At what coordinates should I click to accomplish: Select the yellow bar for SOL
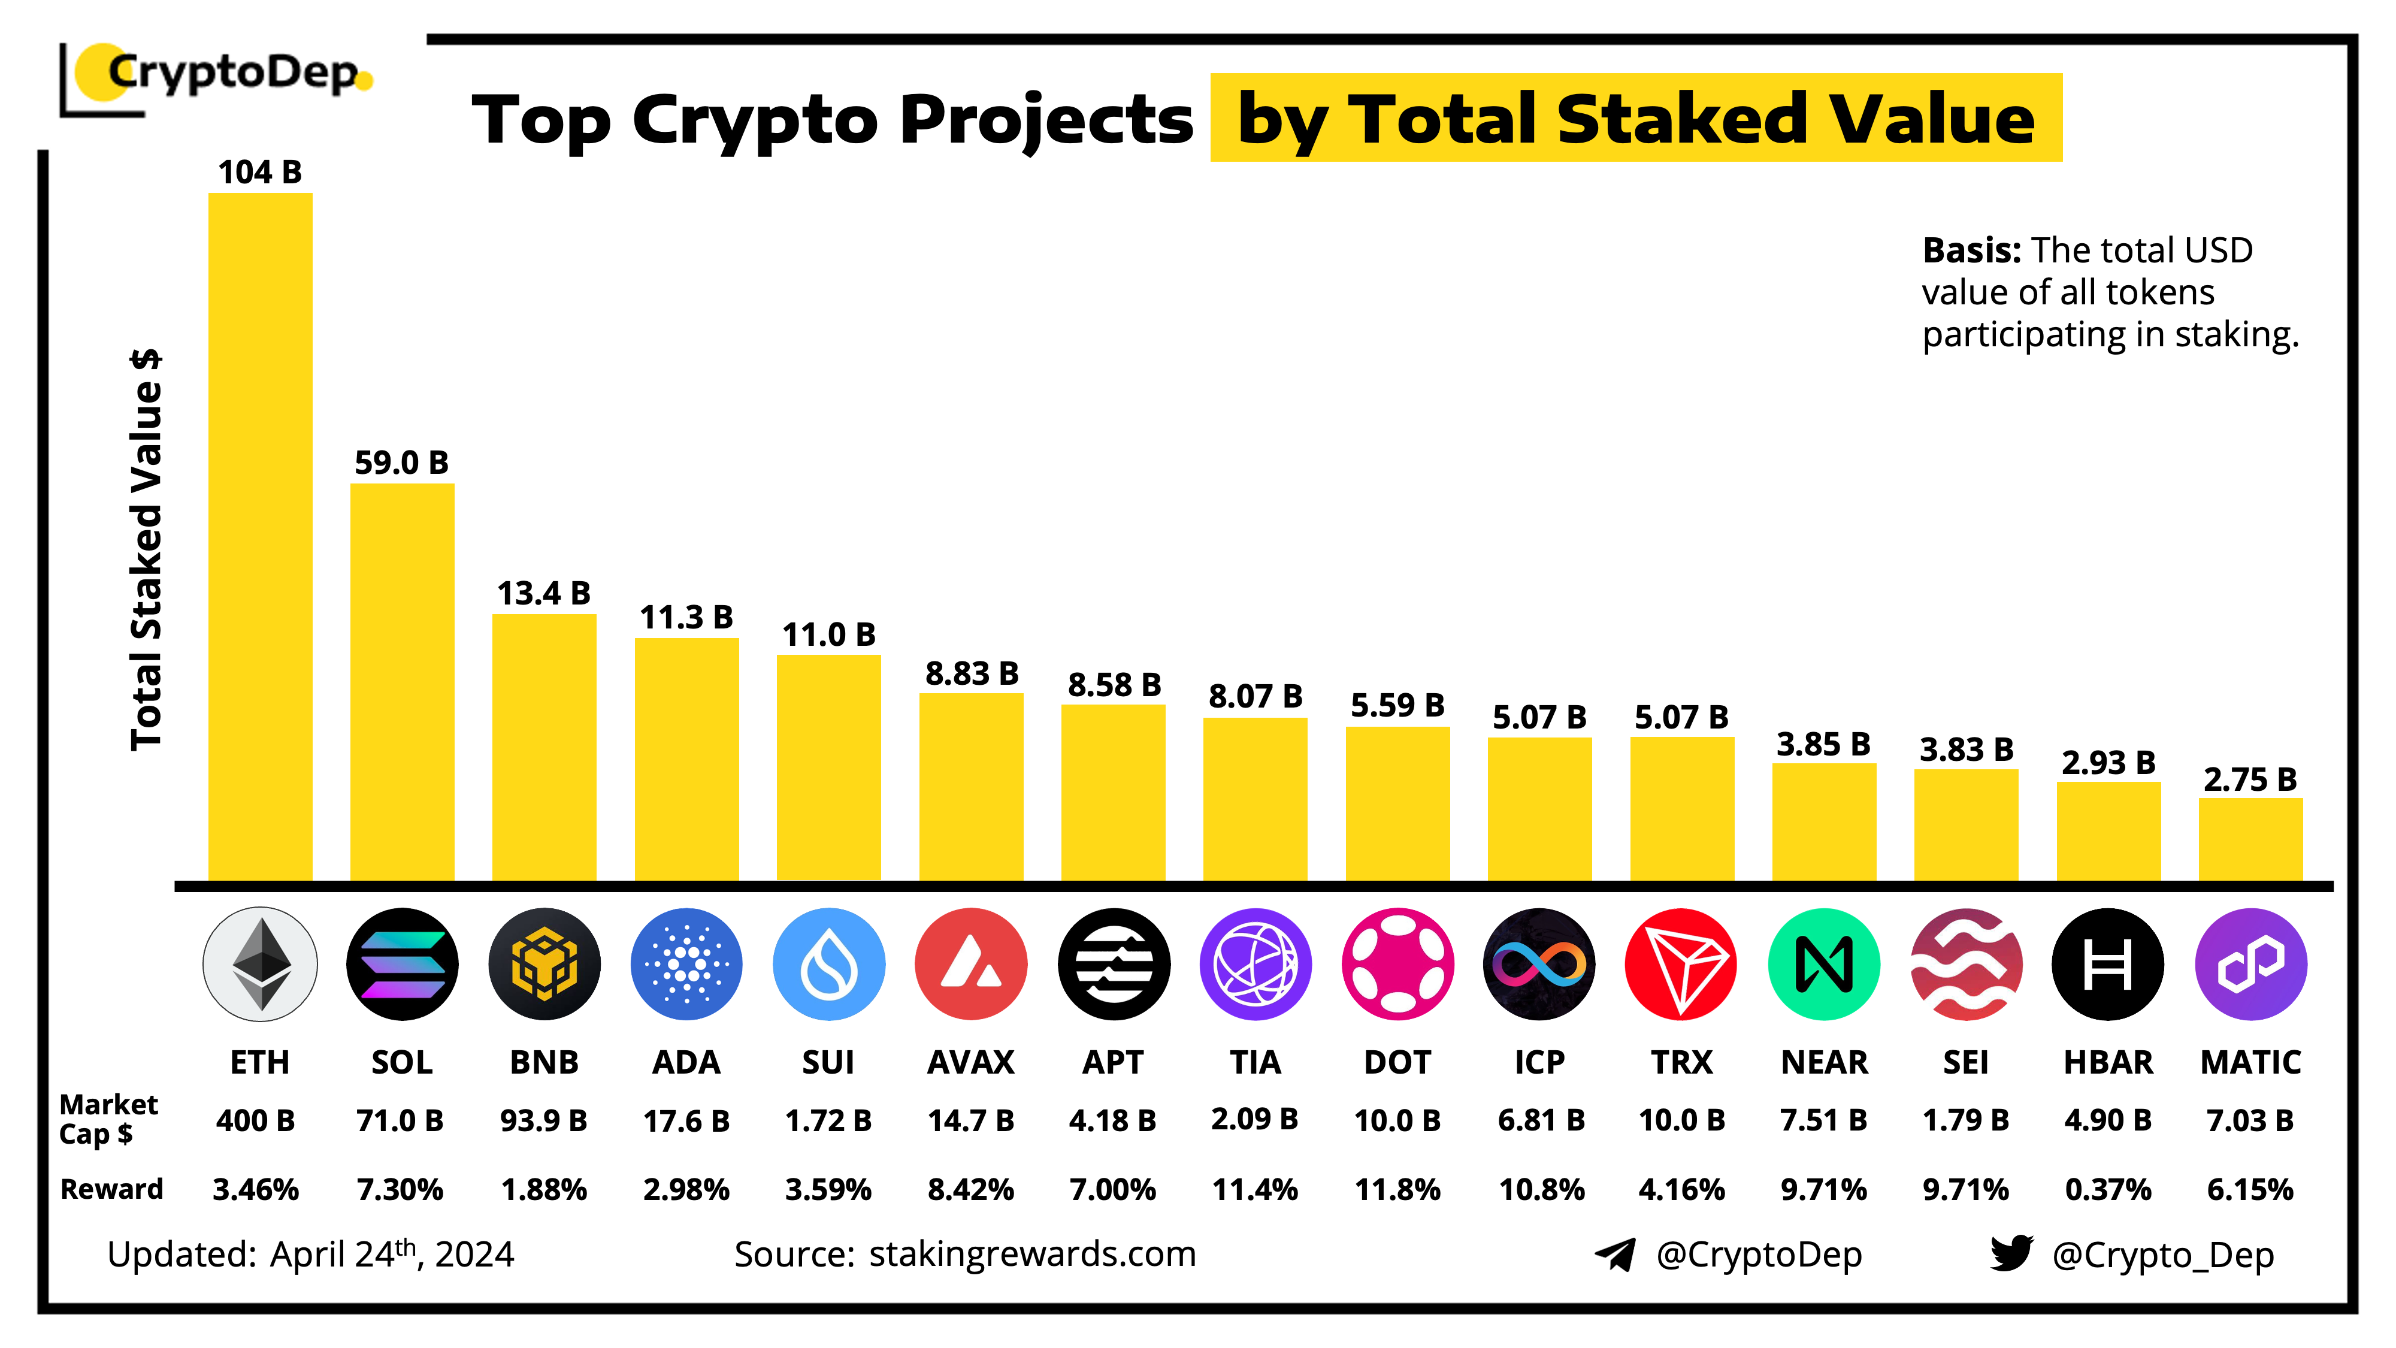tap(402, 681)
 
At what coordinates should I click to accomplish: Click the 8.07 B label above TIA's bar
tap(1255, 696)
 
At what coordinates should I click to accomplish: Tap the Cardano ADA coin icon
tap(686, 964)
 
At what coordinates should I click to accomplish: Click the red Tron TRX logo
tap(1681, 964)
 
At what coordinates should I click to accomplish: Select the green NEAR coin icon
tap(1823, 964)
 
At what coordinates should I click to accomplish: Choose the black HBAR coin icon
tap(2108, 964)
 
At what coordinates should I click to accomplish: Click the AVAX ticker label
tap(970, 1062)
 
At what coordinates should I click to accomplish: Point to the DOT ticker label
tap(1397, 1062)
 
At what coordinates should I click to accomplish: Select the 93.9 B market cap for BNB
tap(543, 1120)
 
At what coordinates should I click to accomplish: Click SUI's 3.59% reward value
tap(828, 1189)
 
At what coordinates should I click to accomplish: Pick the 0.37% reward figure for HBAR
tap(2108, 1189)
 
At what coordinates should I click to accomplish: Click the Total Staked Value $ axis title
tap(146, 549)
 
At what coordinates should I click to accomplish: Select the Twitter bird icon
tap(2011, 1253)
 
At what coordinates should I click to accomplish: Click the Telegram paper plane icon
tap(1615, 1254)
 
